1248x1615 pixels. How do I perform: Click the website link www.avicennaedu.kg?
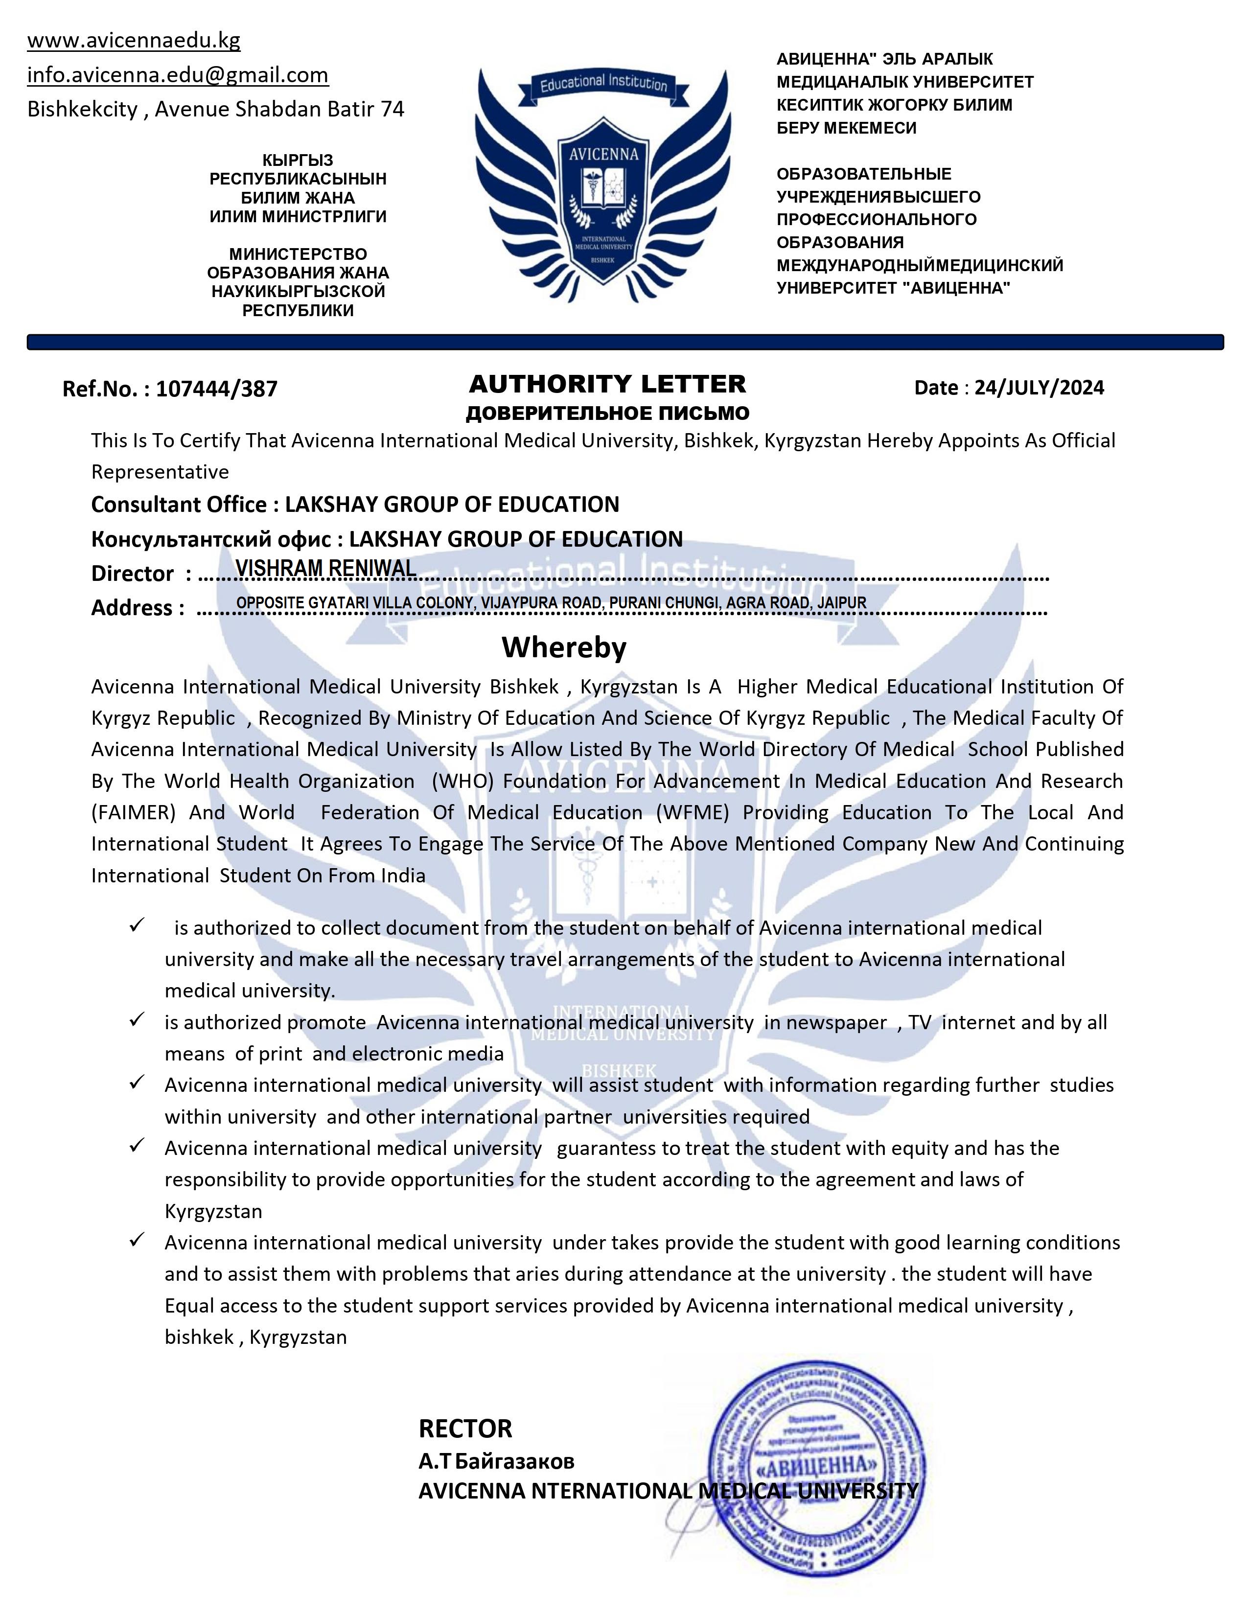coord(134,41)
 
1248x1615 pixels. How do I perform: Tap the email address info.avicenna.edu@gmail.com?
coord(178,75)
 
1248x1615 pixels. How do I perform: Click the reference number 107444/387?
coord(217,389)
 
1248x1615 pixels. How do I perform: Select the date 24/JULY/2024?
coord(1039,388)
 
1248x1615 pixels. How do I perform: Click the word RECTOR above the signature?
coord(465,1429)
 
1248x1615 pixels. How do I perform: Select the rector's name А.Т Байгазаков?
coord(496,1461)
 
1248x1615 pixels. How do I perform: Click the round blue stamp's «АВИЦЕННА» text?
coord(817,1466)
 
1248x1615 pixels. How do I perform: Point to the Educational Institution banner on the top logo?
coord(603,84)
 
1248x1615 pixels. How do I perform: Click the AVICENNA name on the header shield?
coord(603,155)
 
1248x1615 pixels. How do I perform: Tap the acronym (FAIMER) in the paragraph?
coord(133,813)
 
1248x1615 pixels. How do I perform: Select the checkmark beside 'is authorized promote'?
coord(136,1020)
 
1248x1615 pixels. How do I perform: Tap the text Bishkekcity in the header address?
coord(82,110)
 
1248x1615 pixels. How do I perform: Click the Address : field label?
coord(138,608)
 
